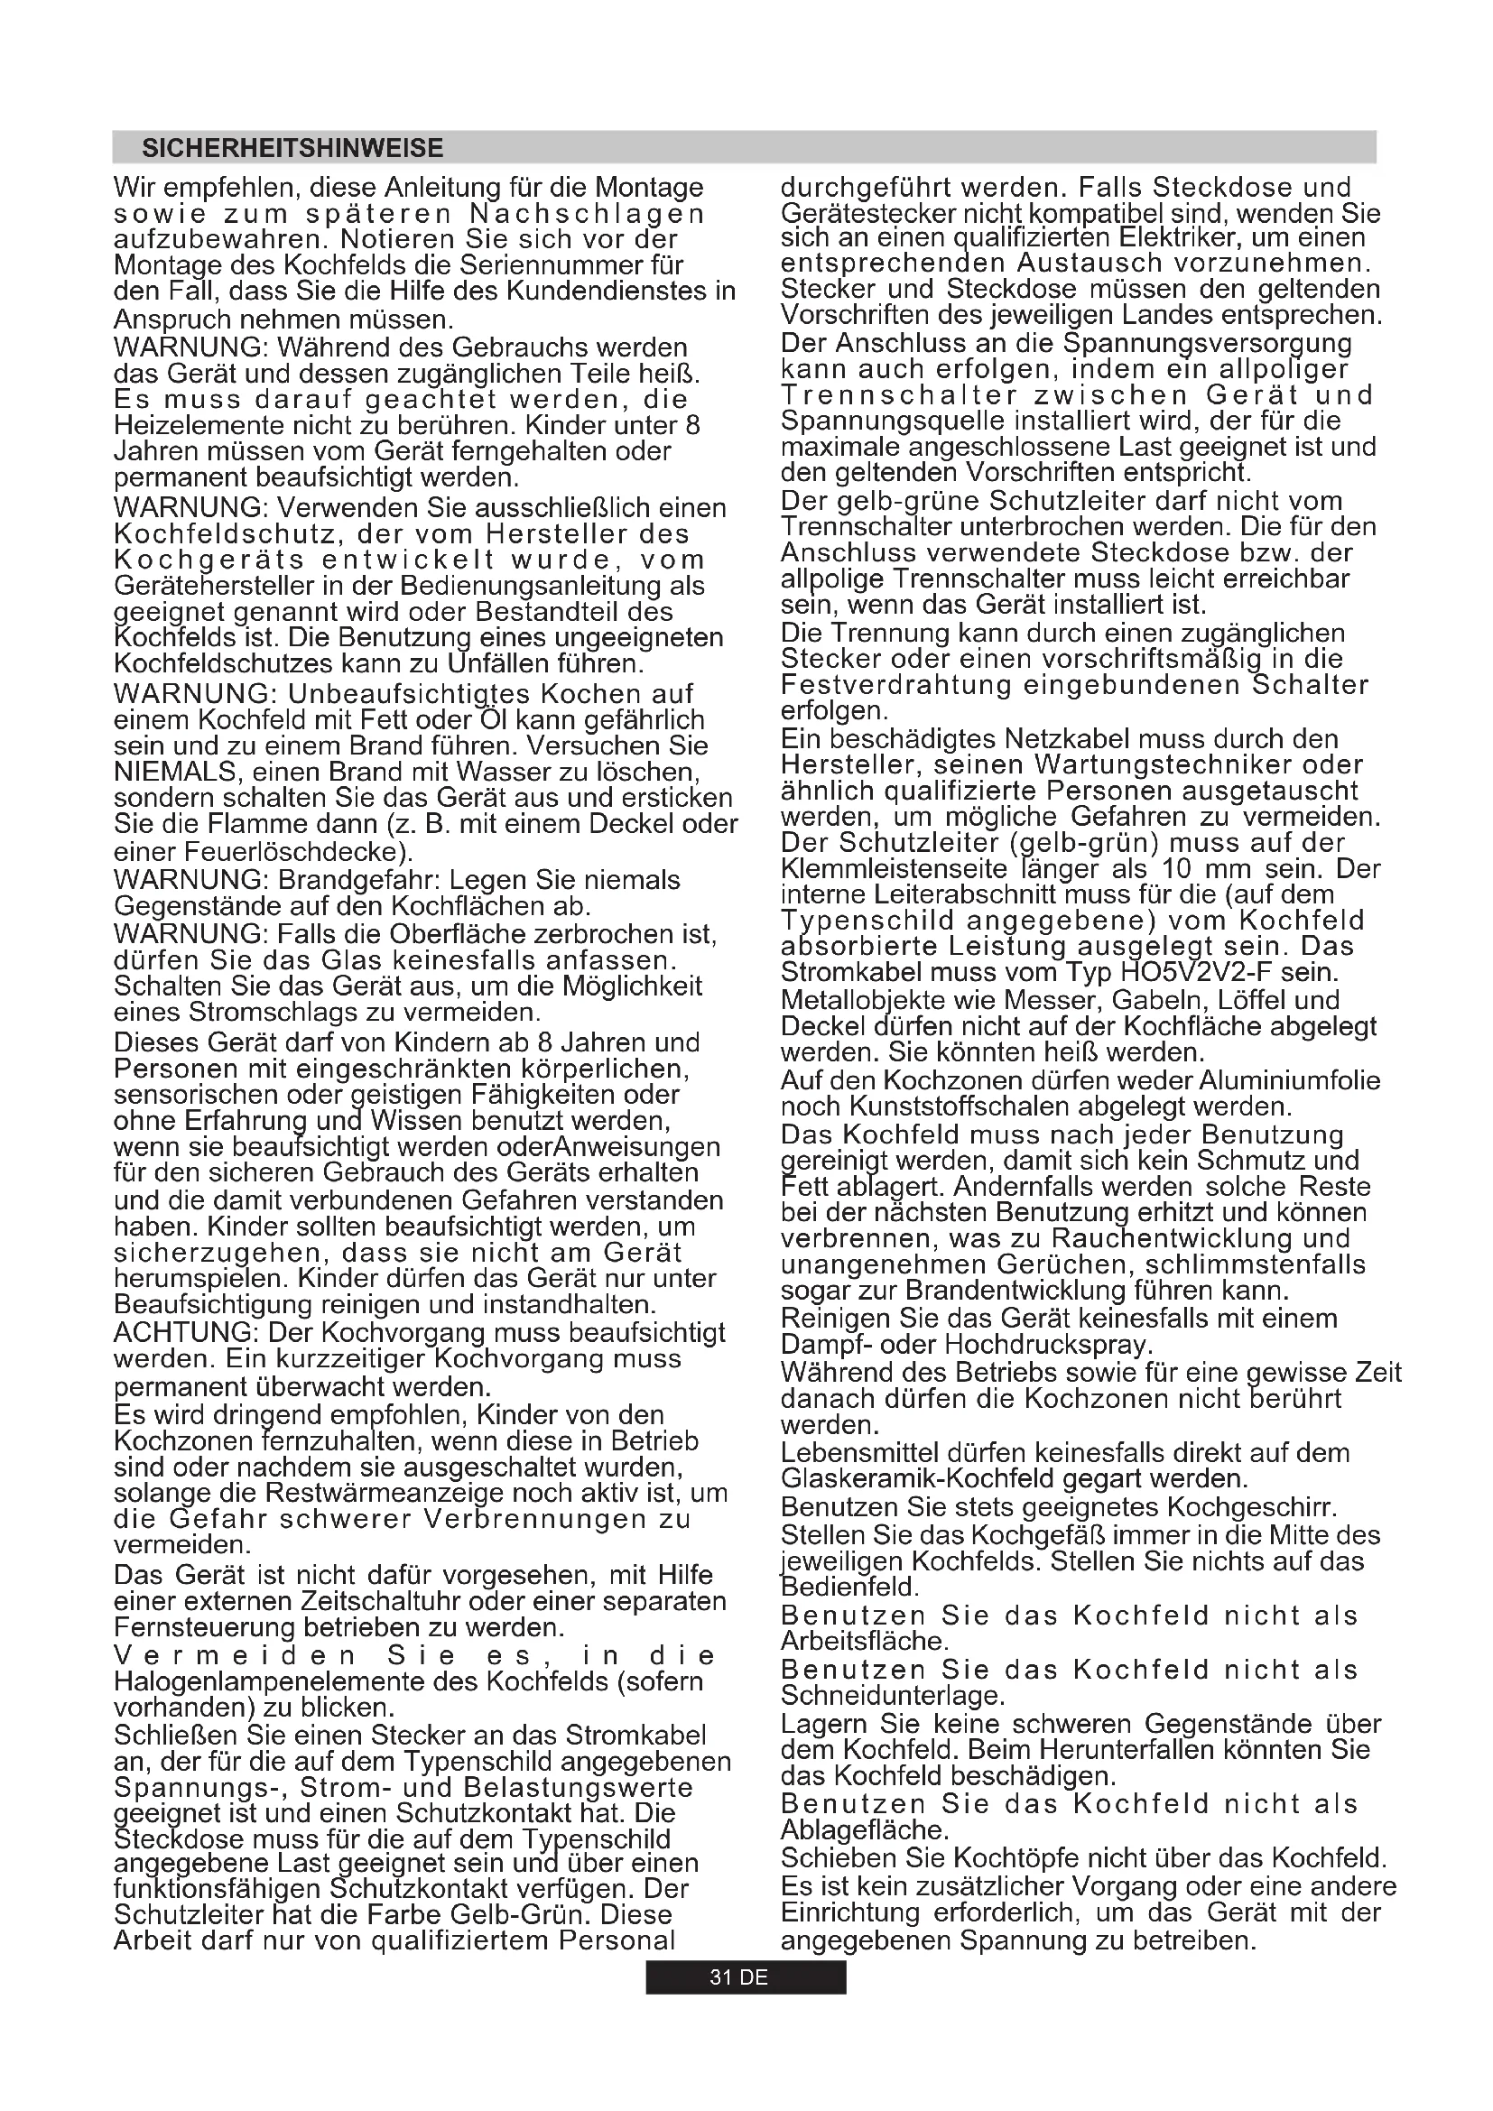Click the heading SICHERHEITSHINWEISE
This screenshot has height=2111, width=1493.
[292, 148]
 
